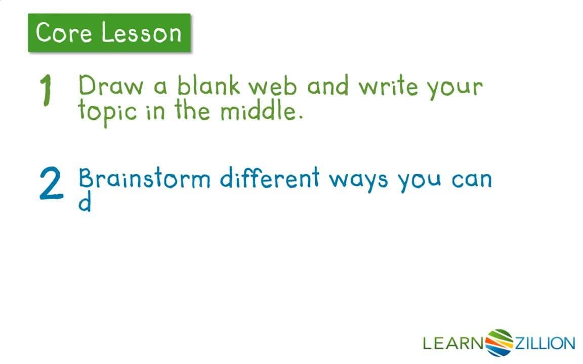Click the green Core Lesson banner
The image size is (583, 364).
(109, 33)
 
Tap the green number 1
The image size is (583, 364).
(46, 92)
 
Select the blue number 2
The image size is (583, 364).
(51, 185)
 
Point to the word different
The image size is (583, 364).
(270, 178)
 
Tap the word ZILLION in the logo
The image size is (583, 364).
(545, 344)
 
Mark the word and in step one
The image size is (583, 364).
(328, 86)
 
